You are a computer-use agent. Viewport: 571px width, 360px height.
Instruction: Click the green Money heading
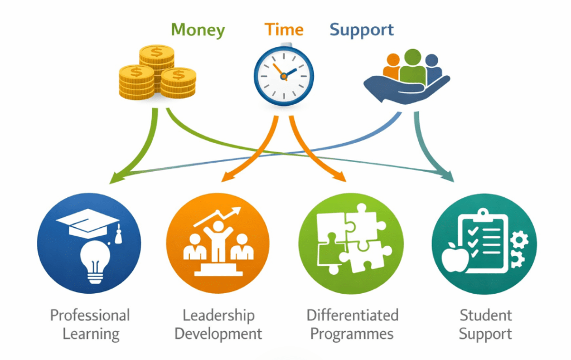[198, 30]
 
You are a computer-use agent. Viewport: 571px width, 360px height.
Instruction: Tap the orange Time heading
[284, 30]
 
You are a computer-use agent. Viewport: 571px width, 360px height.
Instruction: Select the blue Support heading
[361, 30]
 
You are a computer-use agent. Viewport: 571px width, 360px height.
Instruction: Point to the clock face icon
[284, 76]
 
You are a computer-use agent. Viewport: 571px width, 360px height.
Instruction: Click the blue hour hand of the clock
[290, 72]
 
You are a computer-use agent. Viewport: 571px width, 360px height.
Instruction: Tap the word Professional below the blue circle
[90, 315]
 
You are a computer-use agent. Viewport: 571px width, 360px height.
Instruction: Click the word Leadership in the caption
[218, 315]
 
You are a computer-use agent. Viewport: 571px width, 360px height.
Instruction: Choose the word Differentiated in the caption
[352, 315]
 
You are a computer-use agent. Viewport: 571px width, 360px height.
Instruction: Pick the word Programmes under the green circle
[352, 334]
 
